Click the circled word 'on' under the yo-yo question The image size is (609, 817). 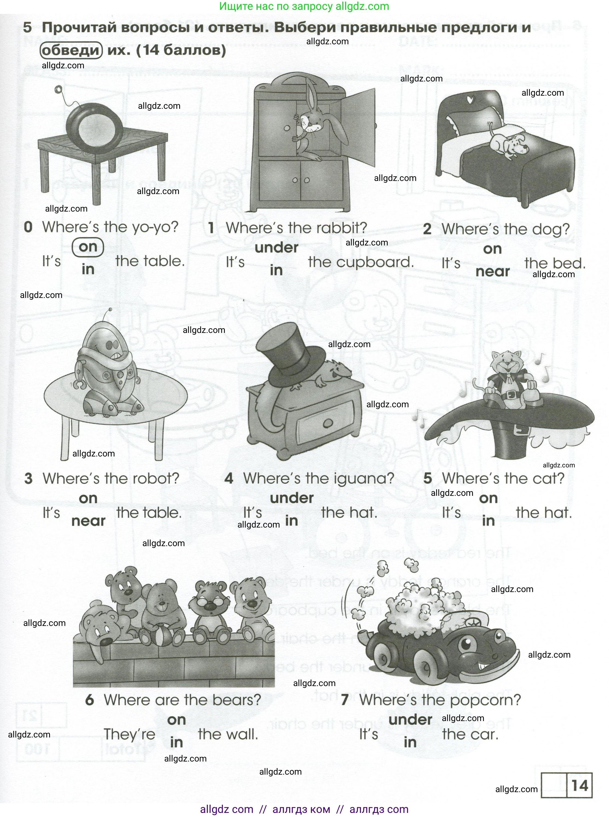[88, 247]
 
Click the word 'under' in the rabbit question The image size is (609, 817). [276, 247]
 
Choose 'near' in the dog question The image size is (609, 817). [493, 272]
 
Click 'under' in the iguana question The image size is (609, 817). [292, 498]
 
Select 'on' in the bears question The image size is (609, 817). [176, 720]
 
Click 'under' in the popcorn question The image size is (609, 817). [410, 720]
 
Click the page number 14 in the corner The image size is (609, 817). [579, 786]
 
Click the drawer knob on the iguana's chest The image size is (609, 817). [328, 423]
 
